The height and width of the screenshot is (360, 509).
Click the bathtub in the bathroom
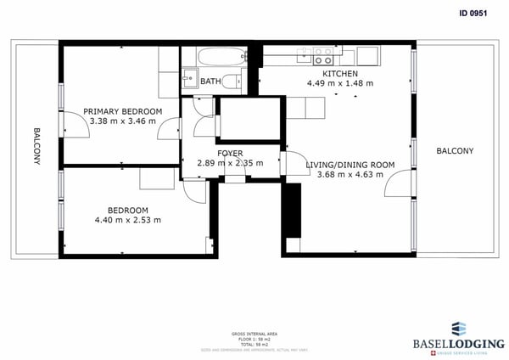[x=212, y=57]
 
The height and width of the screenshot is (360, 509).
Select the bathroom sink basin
[x=187, y=82]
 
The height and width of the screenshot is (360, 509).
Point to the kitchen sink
[x=302, y=56]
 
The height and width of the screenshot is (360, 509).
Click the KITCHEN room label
[x=327, y=73]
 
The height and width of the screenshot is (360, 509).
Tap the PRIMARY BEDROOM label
[x=122, y=111]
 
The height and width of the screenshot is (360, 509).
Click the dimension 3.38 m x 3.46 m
[x=122, y=121]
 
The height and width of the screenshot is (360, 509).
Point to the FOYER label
[x=230, y=153]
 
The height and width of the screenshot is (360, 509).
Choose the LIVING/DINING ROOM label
[x=344, y=164]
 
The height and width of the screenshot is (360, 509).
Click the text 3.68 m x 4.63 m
[x=344, y=175]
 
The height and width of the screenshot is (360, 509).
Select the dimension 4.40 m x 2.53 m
[x=127, y=220]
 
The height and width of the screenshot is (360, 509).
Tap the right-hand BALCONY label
[x=455, y=151]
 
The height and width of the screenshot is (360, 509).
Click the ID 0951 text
[x=476, y=13]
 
